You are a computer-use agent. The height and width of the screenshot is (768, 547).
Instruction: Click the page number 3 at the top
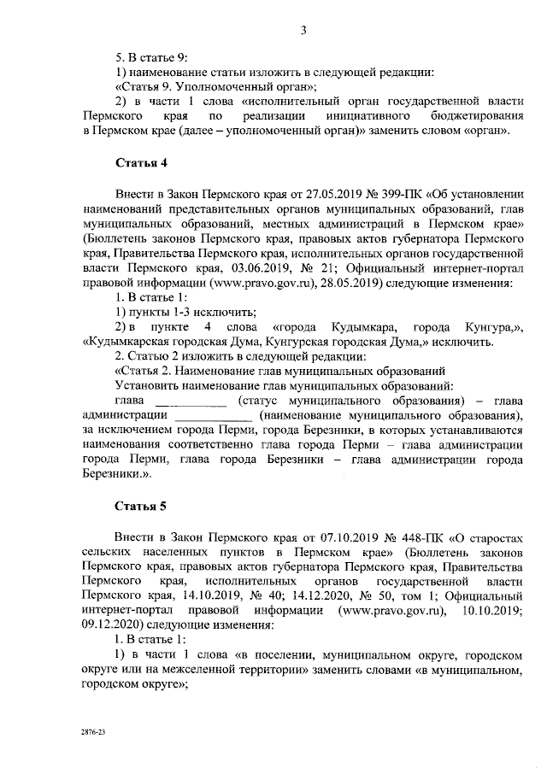[303, 32]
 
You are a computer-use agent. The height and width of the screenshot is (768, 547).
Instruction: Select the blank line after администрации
[213, 415]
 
